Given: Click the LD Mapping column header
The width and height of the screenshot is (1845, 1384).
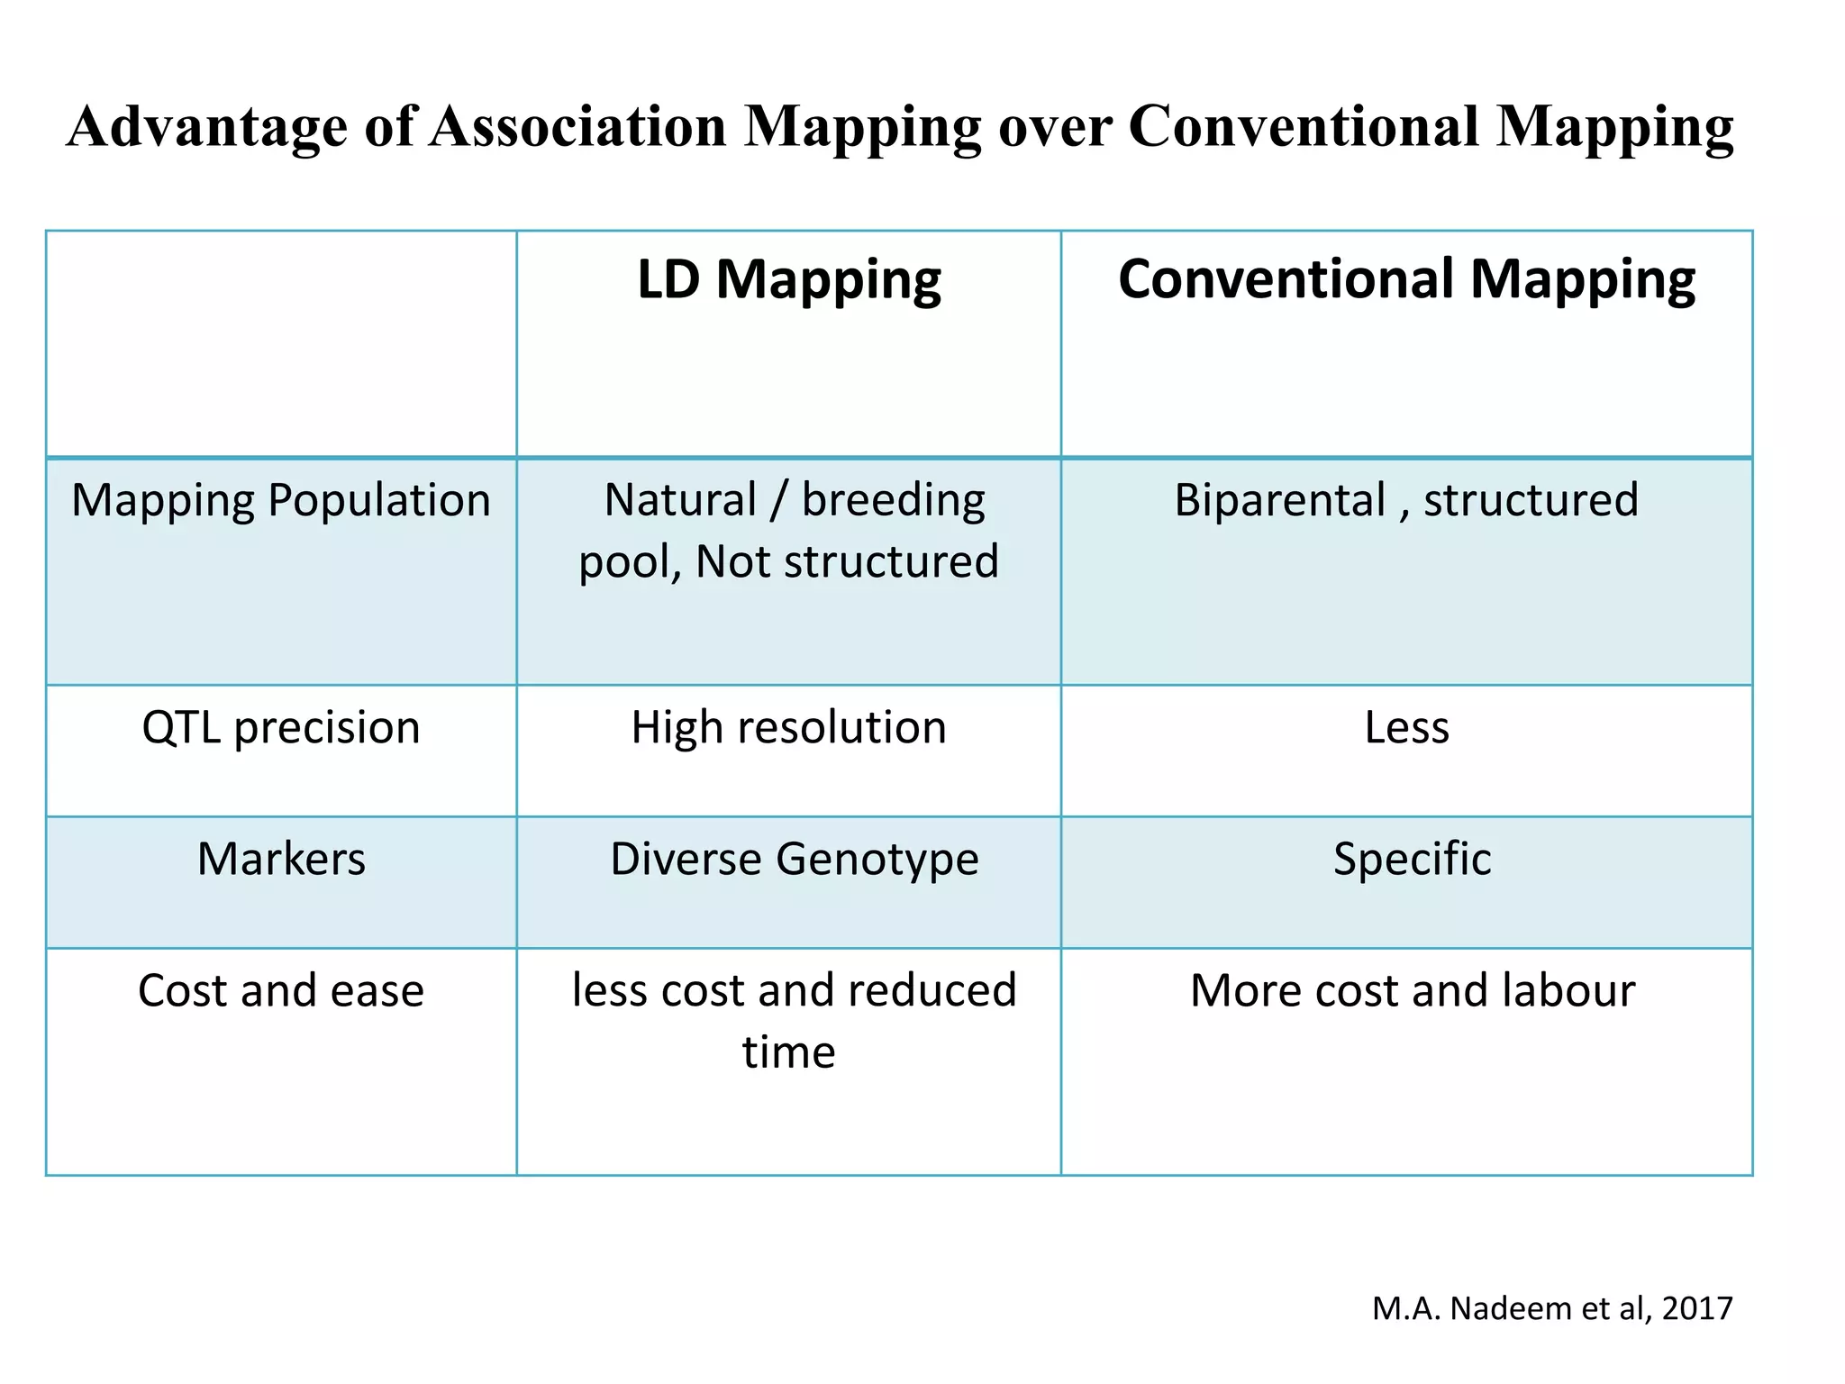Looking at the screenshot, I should tap(788, 280).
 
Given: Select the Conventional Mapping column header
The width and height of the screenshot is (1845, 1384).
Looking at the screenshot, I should tap(1406, 280).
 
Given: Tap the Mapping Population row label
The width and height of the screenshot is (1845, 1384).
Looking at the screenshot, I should tap(281, 500).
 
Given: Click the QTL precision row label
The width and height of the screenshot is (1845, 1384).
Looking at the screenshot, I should tap(281, 727).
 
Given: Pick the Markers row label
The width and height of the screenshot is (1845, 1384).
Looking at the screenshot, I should tap(281, 859).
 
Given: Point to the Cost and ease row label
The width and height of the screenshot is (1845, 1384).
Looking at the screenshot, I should tap(281, 990).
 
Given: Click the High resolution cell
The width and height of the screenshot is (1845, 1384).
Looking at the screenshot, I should tap(788, 727).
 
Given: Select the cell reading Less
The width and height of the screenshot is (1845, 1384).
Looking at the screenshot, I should tap(1406, 727).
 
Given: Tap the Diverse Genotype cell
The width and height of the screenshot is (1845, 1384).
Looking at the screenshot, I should tap(794, 859).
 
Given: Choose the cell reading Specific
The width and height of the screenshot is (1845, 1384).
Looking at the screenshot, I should tap(1412, 859).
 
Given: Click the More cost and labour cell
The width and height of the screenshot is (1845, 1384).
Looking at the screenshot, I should tap(1412, 990).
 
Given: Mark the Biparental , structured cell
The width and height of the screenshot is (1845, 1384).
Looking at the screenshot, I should tap(1406, 500).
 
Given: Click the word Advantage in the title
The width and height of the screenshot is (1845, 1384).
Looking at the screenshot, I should tap(206, 127).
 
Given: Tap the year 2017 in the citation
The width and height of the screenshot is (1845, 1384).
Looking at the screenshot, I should tap(1697, 1308).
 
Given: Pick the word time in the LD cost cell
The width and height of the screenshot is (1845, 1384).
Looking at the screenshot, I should tap(788, 1052).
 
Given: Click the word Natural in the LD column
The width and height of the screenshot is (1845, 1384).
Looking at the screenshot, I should tap(680, 500).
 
